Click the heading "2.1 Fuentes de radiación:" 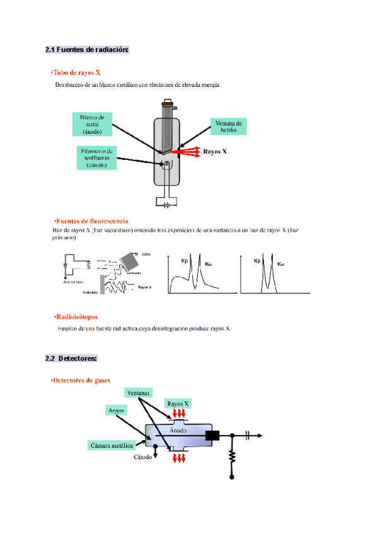tap(87, 50)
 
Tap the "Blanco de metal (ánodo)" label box tap(93, 124)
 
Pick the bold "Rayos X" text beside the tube tap(215, 152)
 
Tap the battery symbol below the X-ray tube tap(167, 204)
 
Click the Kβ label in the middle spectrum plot tap(185, 261)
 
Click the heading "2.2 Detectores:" tap(71, 358)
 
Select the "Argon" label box tap(117, 409)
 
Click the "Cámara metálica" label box tap(111, 445)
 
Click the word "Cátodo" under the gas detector tap(142, 457)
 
